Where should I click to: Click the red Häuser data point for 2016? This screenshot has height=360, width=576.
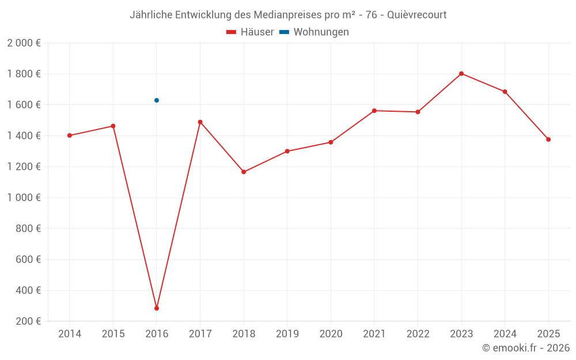157,308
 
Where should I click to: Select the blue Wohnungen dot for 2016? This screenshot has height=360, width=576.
157,100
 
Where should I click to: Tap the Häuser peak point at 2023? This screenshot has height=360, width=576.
461,74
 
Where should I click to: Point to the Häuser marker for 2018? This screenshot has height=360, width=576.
244,172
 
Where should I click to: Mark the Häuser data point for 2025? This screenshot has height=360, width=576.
548,139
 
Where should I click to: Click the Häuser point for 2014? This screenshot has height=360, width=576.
70,135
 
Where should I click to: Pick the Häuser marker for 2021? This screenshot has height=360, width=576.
374,111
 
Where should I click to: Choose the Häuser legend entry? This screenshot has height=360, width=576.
250,32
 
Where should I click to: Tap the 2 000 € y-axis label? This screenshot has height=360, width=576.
24,43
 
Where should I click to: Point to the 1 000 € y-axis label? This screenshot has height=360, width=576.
24,198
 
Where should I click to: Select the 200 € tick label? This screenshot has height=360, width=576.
29,321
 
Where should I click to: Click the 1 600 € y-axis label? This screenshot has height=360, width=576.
24,105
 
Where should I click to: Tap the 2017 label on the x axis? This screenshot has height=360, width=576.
200,334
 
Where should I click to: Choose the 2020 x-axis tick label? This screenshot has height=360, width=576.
331,334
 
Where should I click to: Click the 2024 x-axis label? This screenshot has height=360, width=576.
505,334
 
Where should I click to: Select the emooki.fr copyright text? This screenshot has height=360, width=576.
526,348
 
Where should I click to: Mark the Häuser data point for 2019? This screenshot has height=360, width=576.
287,151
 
